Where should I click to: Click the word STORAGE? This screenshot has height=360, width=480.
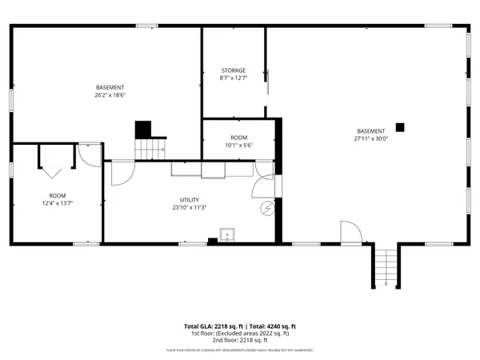click(233, 70)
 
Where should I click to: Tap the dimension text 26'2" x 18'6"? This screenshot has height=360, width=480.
click(111, 95)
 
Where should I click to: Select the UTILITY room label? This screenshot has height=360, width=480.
click(190, 200)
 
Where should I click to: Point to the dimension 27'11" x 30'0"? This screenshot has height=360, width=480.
click(370, 138)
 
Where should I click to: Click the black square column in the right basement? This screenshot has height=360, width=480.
click(402, 126)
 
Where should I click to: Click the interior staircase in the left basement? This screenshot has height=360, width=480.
click(149, 148)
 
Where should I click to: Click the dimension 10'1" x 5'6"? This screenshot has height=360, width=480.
click(239, 146)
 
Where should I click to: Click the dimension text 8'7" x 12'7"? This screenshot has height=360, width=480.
click(233, 78)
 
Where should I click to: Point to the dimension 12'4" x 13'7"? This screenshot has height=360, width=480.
click(58, 203)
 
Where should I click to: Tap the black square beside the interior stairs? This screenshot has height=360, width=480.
click(142, 129)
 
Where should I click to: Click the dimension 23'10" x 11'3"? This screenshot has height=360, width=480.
click(190, 208)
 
